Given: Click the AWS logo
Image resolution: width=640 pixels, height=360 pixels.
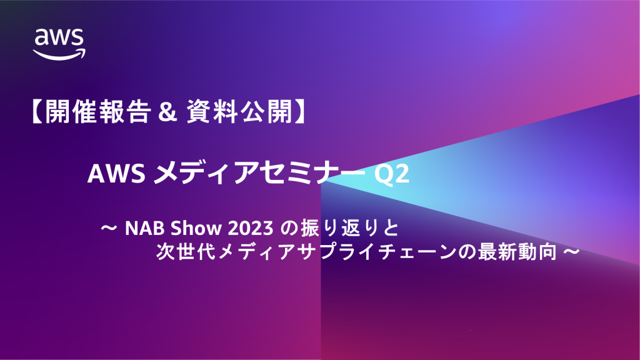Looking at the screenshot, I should point(59,43).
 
